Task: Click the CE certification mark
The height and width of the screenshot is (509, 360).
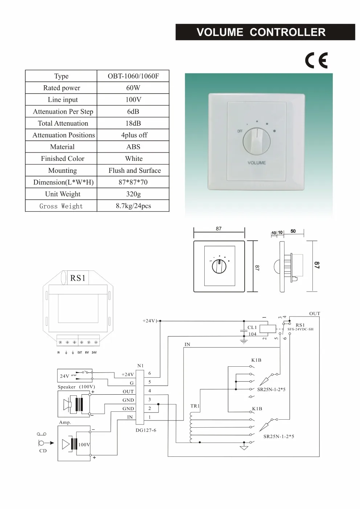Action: [316, 60]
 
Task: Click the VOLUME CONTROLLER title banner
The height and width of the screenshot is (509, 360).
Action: [261, 32]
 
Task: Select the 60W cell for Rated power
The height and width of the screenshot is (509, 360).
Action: [133, 88]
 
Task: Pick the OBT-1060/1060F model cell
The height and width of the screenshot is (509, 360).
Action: [133, 76]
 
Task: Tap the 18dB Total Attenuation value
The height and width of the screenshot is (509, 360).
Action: [133, 123]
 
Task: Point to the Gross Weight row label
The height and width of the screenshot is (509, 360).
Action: [61, 206]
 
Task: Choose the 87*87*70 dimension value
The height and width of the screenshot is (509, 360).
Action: [133, 182]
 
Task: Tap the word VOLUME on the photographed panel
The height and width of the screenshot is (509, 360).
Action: [257, 163]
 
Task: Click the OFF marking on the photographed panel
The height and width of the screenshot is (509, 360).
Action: [240, 131]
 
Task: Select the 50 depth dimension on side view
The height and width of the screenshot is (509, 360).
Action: [293, 231]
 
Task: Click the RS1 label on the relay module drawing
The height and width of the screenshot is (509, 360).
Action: [78, 278]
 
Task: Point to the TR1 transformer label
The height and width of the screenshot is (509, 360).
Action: [195, 406]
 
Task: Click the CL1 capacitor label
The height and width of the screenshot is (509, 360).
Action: [252, 327]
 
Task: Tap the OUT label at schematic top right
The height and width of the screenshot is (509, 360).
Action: [315, 313]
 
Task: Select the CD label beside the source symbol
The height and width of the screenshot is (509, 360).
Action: [43, 451]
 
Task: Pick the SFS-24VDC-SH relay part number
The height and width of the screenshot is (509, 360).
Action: [300, 329]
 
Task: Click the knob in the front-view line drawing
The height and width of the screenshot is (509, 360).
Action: [219, 266]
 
